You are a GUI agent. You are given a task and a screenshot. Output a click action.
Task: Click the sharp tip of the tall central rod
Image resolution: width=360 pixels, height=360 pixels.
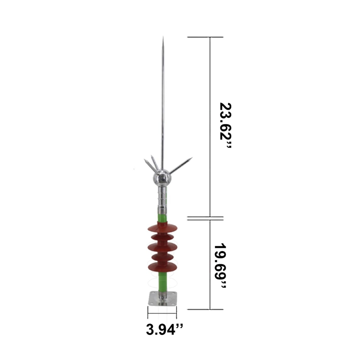pyautogui.click(x=163, y=37)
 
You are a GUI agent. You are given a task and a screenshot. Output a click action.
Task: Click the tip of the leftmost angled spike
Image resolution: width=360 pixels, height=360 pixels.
pyautogui.click(x=144, y=159)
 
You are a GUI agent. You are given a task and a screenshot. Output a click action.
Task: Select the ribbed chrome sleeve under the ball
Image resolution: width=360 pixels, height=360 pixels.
pyautogui.click(x=163, y=199)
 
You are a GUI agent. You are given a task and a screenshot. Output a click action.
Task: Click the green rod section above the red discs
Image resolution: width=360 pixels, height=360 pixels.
pyautogui.click(x=163, y=218)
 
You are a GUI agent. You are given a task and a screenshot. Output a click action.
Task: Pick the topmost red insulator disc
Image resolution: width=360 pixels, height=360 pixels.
pyautogui.click(x=162, y=227)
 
